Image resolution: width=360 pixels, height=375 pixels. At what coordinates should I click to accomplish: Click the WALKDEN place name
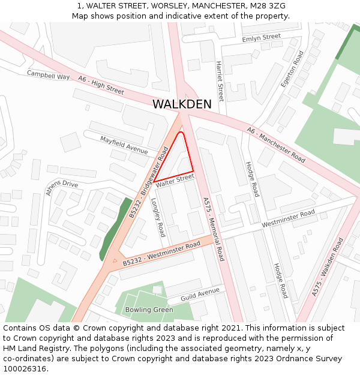[182, 104]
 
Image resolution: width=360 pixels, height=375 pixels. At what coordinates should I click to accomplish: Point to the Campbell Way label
[49, 75]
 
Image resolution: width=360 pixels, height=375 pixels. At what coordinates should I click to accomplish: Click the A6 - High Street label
[101, 86]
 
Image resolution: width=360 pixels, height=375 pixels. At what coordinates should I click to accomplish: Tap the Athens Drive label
[62, 188]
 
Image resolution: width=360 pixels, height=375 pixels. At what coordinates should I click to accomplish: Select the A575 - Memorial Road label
[213, 229]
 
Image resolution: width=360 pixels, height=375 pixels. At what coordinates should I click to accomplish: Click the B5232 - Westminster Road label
[161, 254]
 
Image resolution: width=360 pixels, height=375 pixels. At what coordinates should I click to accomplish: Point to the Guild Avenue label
[200, 294]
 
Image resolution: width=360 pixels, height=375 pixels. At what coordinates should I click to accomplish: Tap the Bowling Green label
[149, 310]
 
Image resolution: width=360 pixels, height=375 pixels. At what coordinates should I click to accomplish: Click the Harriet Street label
[220, 80]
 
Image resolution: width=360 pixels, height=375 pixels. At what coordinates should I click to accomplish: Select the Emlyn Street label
[261, 38]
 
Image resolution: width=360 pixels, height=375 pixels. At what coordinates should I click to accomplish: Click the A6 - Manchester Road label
[277, 144]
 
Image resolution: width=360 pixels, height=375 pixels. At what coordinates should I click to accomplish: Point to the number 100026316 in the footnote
[25, 368]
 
